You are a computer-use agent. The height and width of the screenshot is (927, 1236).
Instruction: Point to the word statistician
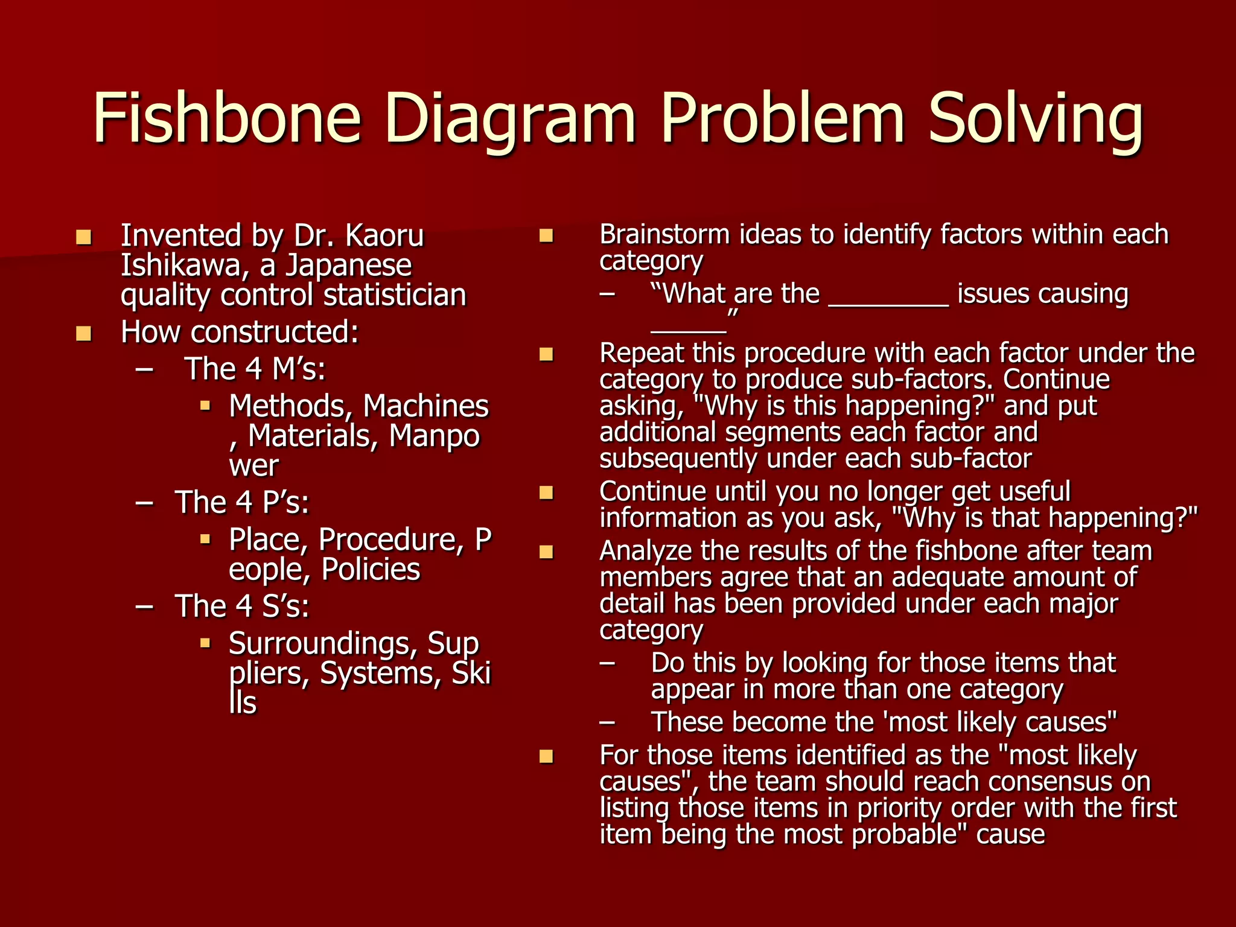click(395, 296)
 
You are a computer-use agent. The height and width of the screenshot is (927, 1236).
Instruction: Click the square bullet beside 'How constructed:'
click(83, 333)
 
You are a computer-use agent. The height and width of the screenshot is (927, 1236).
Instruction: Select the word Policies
click(371, 570)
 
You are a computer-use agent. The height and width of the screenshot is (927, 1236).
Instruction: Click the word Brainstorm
click(664, 235)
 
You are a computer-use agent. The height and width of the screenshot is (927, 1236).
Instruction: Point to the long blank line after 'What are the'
click(888, 305)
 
